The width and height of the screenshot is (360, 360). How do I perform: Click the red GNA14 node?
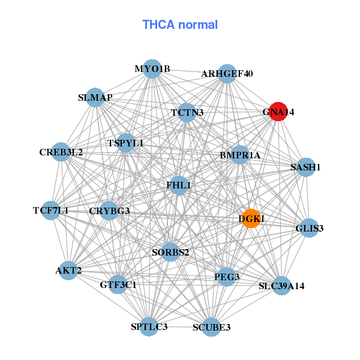(x=277, y=112)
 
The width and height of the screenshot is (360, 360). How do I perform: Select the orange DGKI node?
(x=251, y=218)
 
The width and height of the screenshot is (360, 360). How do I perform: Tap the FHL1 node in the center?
(x=179, y=185)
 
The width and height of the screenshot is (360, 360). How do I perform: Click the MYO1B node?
(x=152, y=69)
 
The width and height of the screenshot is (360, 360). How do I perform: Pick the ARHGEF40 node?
(x=227, y=74)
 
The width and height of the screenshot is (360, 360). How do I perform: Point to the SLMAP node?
(x=95, y=97)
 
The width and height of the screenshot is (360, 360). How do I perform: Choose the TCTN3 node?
(x=187, y=112)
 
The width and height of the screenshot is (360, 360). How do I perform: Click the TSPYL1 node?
(x=125, y=143)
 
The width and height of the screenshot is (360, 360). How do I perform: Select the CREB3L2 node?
(x=61, y=152)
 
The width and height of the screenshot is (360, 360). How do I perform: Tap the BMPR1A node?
(x=239, y=155)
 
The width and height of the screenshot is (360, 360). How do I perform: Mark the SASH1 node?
(x=306, y=167)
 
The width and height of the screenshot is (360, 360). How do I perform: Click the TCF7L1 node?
(x=51, y=211)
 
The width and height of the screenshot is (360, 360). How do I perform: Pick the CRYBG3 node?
(x=109, y=211)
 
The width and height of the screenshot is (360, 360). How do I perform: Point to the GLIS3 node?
(x=309, y=228)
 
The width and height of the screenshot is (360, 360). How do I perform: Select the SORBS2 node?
(x=170, y=252)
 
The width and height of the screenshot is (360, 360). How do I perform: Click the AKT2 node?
(x=68, y=271)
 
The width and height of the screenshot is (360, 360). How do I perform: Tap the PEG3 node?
(x=226, y=277)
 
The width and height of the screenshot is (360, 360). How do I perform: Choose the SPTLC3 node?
(x=149, y=326)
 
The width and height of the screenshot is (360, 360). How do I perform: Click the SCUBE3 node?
(x=211, y=327)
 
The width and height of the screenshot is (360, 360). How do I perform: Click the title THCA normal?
(x=180, y=25)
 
